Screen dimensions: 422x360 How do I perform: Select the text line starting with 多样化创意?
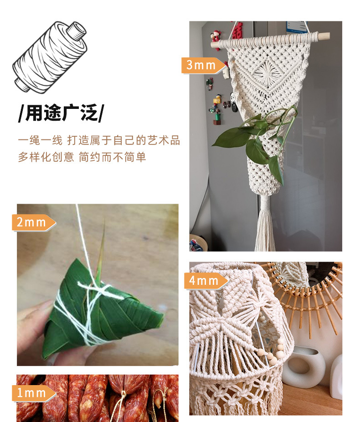pos(82,157)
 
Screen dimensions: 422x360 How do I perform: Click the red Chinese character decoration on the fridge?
pos(237,30)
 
